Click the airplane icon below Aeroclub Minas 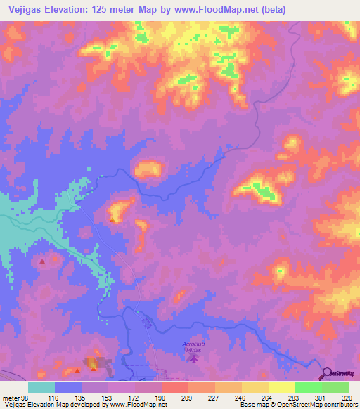click(193, 359)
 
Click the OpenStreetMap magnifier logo click(326, 373)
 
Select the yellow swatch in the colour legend click(281, 387)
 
